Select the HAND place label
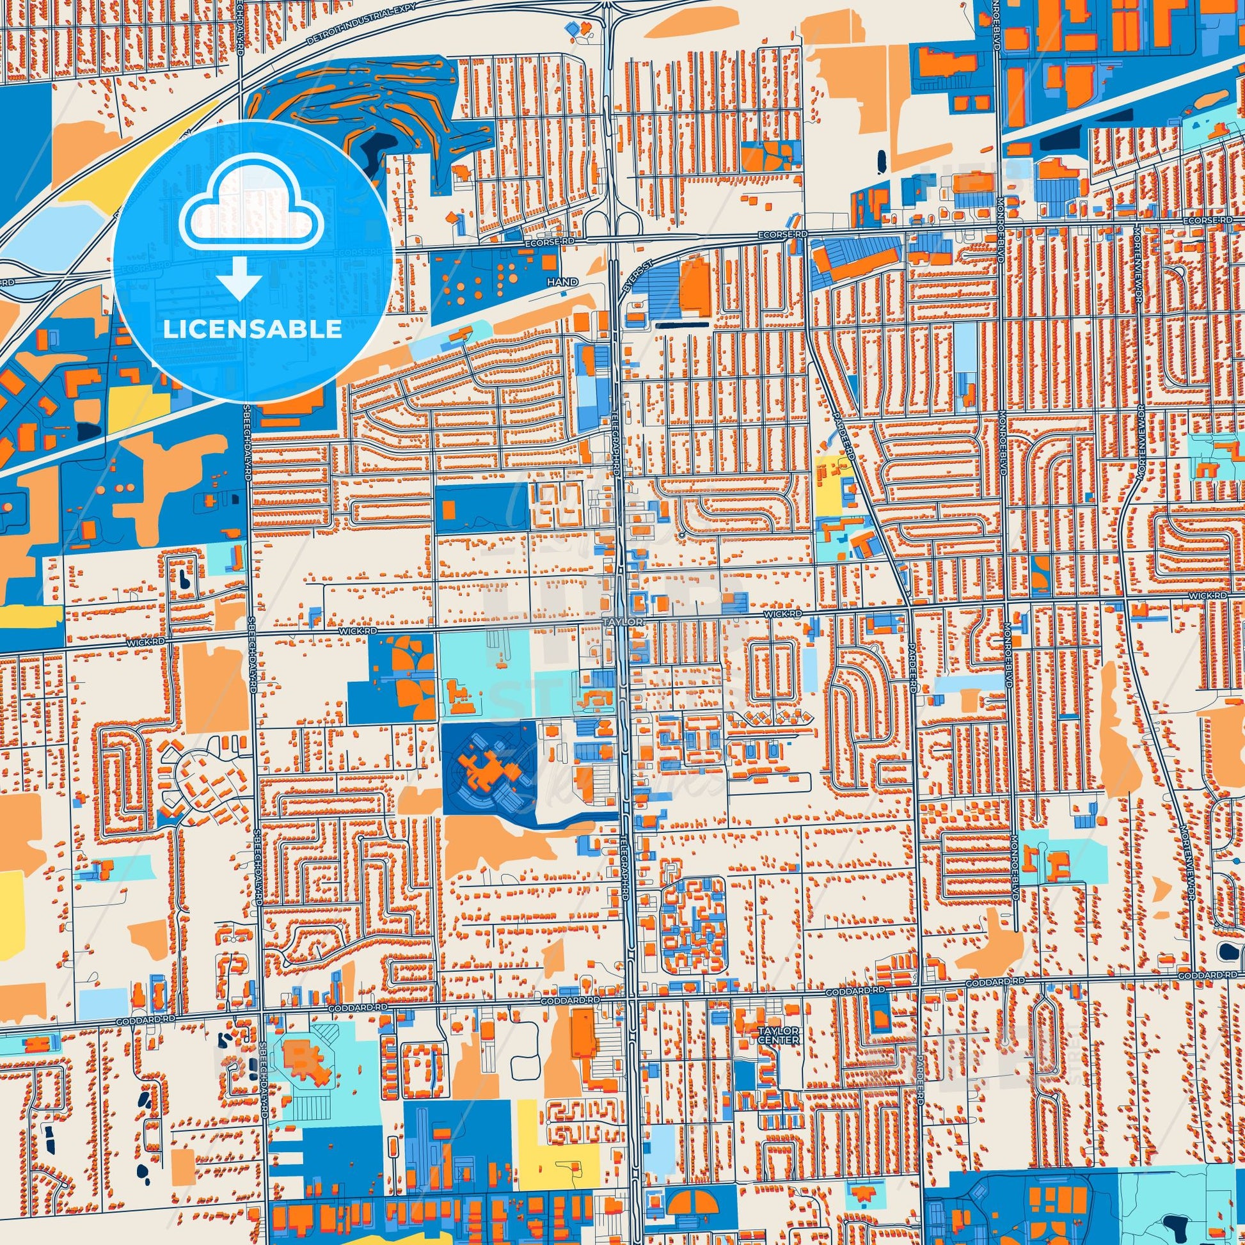coord(559,282)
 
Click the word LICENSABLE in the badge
coord(252,329)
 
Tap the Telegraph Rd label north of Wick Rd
coord(617,451)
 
